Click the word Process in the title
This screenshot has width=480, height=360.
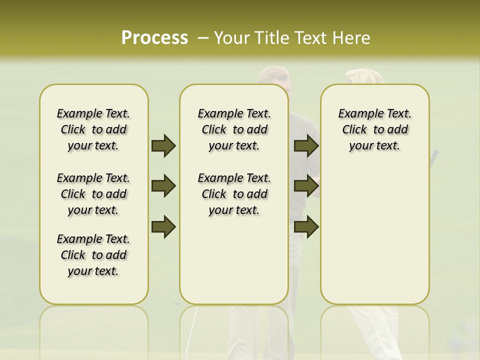click(154, 38)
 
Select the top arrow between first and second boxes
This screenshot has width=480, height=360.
click(163, 145)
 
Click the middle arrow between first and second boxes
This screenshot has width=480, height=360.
click(163, 186)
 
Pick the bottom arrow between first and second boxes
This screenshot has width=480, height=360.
click(163, 226)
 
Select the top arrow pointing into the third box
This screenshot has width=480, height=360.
click(306, 145)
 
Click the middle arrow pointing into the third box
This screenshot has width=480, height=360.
click(306, 186)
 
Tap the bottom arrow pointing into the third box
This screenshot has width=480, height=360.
click(306, 226)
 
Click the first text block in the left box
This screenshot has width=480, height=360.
click(93, 129)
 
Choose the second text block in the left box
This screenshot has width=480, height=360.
click(93, 194)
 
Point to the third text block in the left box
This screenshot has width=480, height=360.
click(93, 255)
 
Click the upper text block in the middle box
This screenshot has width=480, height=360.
click(234, 129)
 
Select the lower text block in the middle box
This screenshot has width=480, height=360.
click(234, 194)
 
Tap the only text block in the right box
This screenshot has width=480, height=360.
click(374, 129)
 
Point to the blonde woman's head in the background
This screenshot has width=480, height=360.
click(364, 76)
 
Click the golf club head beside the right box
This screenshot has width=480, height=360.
click(435, 154)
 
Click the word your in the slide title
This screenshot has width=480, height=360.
click(231, 38)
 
